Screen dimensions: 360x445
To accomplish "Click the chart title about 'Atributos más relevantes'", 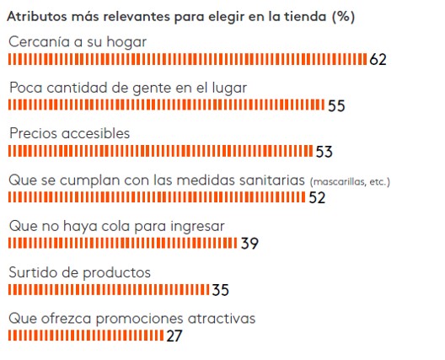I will [x=180, y=16].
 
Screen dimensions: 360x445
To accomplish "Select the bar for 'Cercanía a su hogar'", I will [x=187, y=59].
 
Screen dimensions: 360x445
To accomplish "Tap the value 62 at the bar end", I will [x=378, y=59].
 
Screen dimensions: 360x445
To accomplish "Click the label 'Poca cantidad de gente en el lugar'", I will [x=127, y=87].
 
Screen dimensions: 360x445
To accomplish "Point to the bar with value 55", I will [x=166, y=105].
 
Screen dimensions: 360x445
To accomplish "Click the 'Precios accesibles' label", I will [x=69, y=133].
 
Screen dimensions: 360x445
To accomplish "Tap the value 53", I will [x=324, y=152].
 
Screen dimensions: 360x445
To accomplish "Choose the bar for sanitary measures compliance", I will [x=157, y=197].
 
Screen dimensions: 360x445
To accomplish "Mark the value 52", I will [x=317, y=198].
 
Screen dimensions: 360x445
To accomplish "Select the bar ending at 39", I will [x=123, y=244].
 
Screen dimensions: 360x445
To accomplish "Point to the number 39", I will [x=249, y=244].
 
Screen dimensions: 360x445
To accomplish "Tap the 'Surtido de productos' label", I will [x=79, y=272].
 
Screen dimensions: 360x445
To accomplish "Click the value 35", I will [x=220, y=290].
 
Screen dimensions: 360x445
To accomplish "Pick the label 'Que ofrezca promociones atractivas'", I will [x=131, y=319].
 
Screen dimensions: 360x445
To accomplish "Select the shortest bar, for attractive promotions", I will [x=86, y=336].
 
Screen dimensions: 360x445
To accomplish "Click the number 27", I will [x=174, y=336].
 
